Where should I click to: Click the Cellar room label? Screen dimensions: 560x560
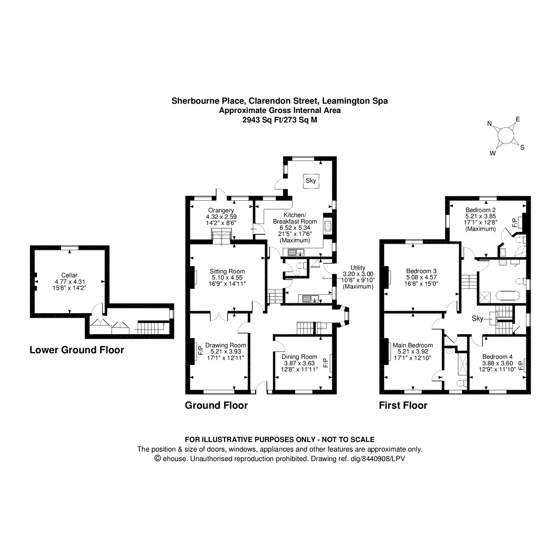tap(69, 275)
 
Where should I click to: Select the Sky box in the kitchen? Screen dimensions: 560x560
tap(311, 181)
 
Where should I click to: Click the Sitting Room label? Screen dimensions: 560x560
tap(227, 271)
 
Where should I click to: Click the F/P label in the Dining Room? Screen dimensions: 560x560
tap(325, 361)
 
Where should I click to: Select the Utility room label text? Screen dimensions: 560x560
tap(358, 267)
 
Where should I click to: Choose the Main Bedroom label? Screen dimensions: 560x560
tap(413, 345)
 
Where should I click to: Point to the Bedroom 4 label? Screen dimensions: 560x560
tap(497, 356)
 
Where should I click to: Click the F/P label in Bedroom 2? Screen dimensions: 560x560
tap(515, 223)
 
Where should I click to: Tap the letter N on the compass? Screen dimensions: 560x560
tap(490, 124)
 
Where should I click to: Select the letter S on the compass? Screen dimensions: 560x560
tap(522, 147)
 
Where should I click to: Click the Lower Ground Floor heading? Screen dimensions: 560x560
tap(77, 350)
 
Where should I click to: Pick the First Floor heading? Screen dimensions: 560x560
tap(403, 405)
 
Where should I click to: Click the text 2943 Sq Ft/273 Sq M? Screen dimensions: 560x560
tap(280, 119)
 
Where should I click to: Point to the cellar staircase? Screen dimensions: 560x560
tap(150, 328)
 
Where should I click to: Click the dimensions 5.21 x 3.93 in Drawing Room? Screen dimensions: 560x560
tap(225, 351)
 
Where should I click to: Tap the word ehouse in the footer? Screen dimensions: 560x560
tap(175, 459)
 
